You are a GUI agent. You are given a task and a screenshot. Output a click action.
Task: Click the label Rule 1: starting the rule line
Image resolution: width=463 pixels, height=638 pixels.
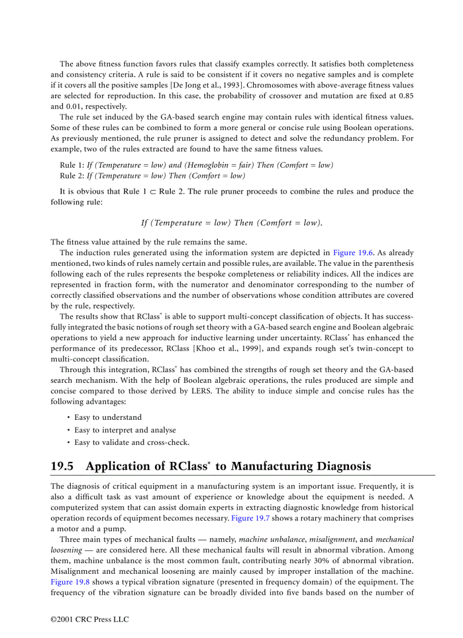tap(71, 165)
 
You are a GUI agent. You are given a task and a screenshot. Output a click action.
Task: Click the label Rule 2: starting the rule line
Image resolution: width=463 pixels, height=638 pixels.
tap(71, 176)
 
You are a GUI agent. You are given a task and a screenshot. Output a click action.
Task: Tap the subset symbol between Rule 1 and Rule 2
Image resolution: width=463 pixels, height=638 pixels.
tap(153, 191)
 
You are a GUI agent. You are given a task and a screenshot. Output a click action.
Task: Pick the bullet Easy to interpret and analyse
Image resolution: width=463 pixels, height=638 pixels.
tap(125, 430)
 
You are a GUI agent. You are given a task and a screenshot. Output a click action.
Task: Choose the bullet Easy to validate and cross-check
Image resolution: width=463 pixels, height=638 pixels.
tap(132, 443)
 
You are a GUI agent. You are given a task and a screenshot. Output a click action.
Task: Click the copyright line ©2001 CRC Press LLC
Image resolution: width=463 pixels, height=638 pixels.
tap(90, 619)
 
